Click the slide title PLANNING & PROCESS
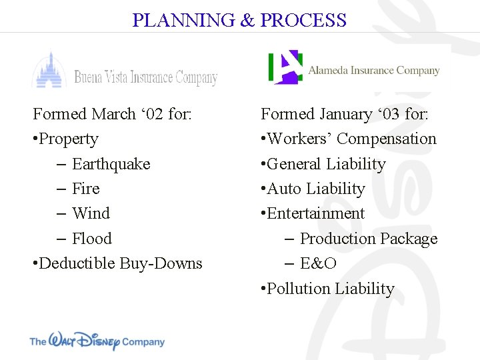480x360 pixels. coord(239,20)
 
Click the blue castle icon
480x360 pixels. coord(49,69)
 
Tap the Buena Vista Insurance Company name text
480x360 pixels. coord(145,77)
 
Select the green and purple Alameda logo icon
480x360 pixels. coord(285,67)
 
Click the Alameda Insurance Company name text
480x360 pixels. coord(373,70)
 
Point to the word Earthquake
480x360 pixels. coord(111,164)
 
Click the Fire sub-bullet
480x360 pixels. coord(85,189)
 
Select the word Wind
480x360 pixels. coord(91,213)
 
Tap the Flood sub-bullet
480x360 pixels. coord(91,239)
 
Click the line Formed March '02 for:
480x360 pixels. coord(112,114)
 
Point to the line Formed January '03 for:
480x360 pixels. coord(345,114)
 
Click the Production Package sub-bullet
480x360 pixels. coord(368,239)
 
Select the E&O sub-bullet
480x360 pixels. coord(318,263)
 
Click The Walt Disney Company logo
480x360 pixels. coord(97,341)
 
